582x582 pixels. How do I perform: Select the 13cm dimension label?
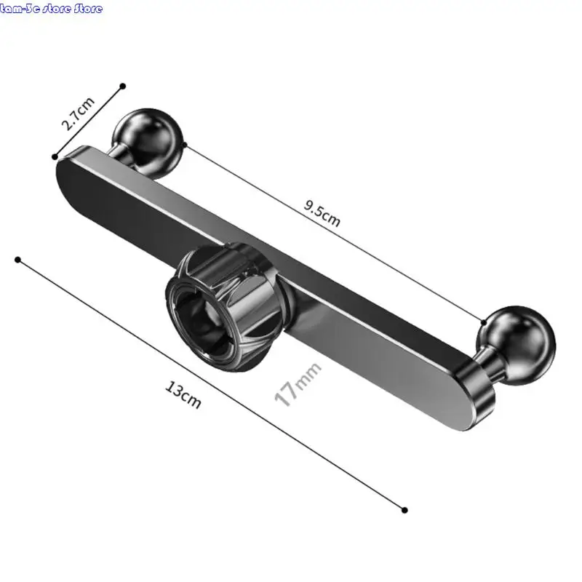click(183, 396)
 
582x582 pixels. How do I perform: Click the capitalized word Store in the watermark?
click(87, 9)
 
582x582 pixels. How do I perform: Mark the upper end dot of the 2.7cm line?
click(123, 86)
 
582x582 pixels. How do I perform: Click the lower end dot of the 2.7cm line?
click(55, 156)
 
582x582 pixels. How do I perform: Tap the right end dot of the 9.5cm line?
click(483, 320)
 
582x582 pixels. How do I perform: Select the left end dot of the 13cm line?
click(18, 259)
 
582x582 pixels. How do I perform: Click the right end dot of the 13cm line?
click(404, 510)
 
